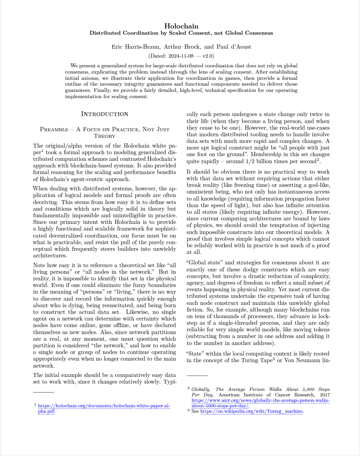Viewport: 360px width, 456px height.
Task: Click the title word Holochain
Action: (181, 26)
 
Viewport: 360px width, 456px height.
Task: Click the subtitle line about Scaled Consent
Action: (181, 33)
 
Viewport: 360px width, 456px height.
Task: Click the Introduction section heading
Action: (104, 114)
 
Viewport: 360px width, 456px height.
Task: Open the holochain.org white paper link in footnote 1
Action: (104, 406)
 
